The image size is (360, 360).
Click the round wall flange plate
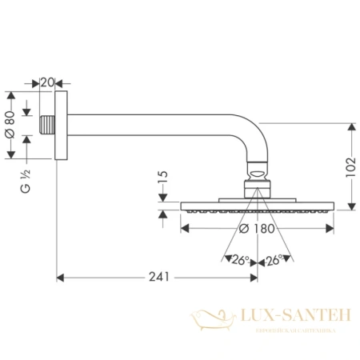click(58, 126)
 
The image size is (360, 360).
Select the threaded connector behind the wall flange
click(46, 126)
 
